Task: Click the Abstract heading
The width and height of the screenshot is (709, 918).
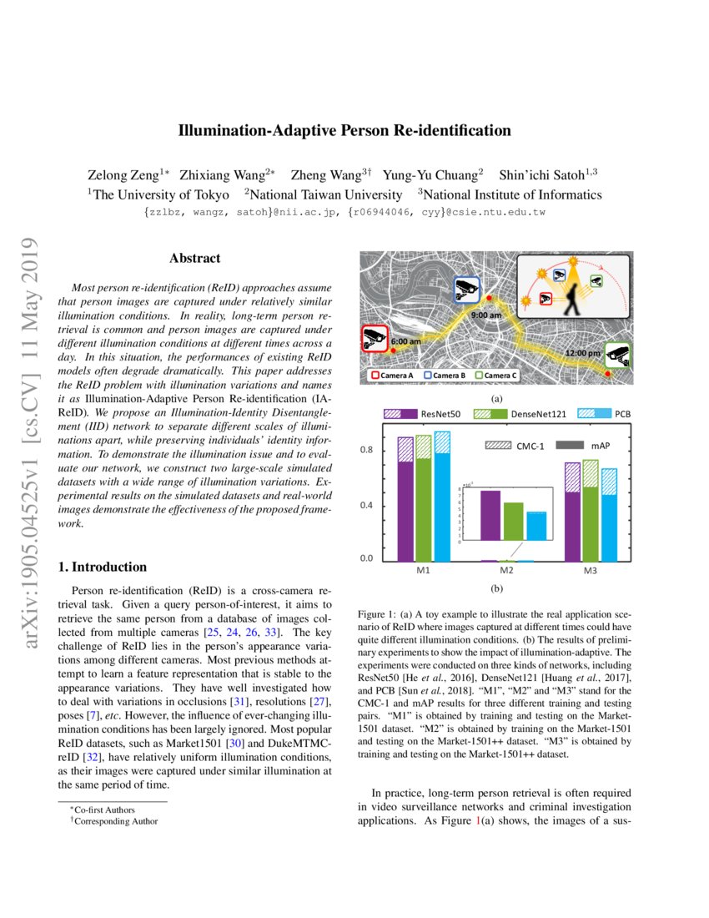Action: tap(194, 259)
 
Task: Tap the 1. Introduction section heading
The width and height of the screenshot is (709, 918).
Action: tap(102, 567)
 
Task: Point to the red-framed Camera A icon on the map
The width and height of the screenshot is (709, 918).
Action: tap(375, 339)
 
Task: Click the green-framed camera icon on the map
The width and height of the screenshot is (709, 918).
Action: tap(618, 355)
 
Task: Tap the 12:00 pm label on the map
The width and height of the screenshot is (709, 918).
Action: tap(581, 354)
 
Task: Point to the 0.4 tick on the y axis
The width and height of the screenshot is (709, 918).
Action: tap(366, 506)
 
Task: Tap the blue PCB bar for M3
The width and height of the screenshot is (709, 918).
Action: tap(609, 526)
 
